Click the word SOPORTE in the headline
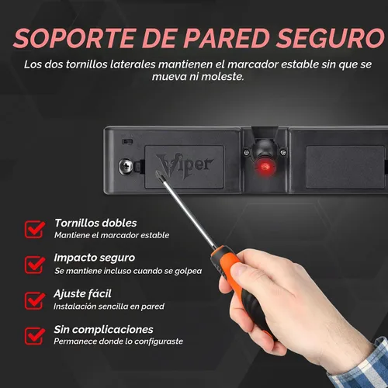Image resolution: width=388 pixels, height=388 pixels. click(75, 38)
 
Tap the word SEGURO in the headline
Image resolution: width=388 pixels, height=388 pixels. click(331, 38)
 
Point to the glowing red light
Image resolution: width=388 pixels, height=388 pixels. click(264, 166)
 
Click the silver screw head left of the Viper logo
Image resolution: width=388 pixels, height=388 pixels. click(126, 166)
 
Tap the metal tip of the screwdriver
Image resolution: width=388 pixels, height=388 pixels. click(157, 172)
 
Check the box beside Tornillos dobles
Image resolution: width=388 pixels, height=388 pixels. click(34, 229)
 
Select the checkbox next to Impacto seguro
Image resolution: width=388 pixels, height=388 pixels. click(34, 265)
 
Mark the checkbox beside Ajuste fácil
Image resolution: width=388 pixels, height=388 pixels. click(34, 300)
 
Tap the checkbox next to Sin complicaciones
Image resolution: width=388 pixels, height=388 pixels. click(34, 336)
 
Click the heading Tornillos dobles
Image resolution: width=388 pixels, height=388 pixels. click(95, 223)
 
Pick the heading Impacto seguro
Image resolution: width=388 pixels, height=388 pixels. click(95, 258)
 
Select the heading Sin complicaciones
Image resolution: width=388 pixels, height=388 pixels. click(103, 330)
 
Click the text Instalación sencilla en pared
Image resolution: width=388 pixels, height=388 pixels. click(109, 307)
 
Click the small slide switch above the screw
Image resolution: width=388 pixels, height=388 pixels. click(127, 142)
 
